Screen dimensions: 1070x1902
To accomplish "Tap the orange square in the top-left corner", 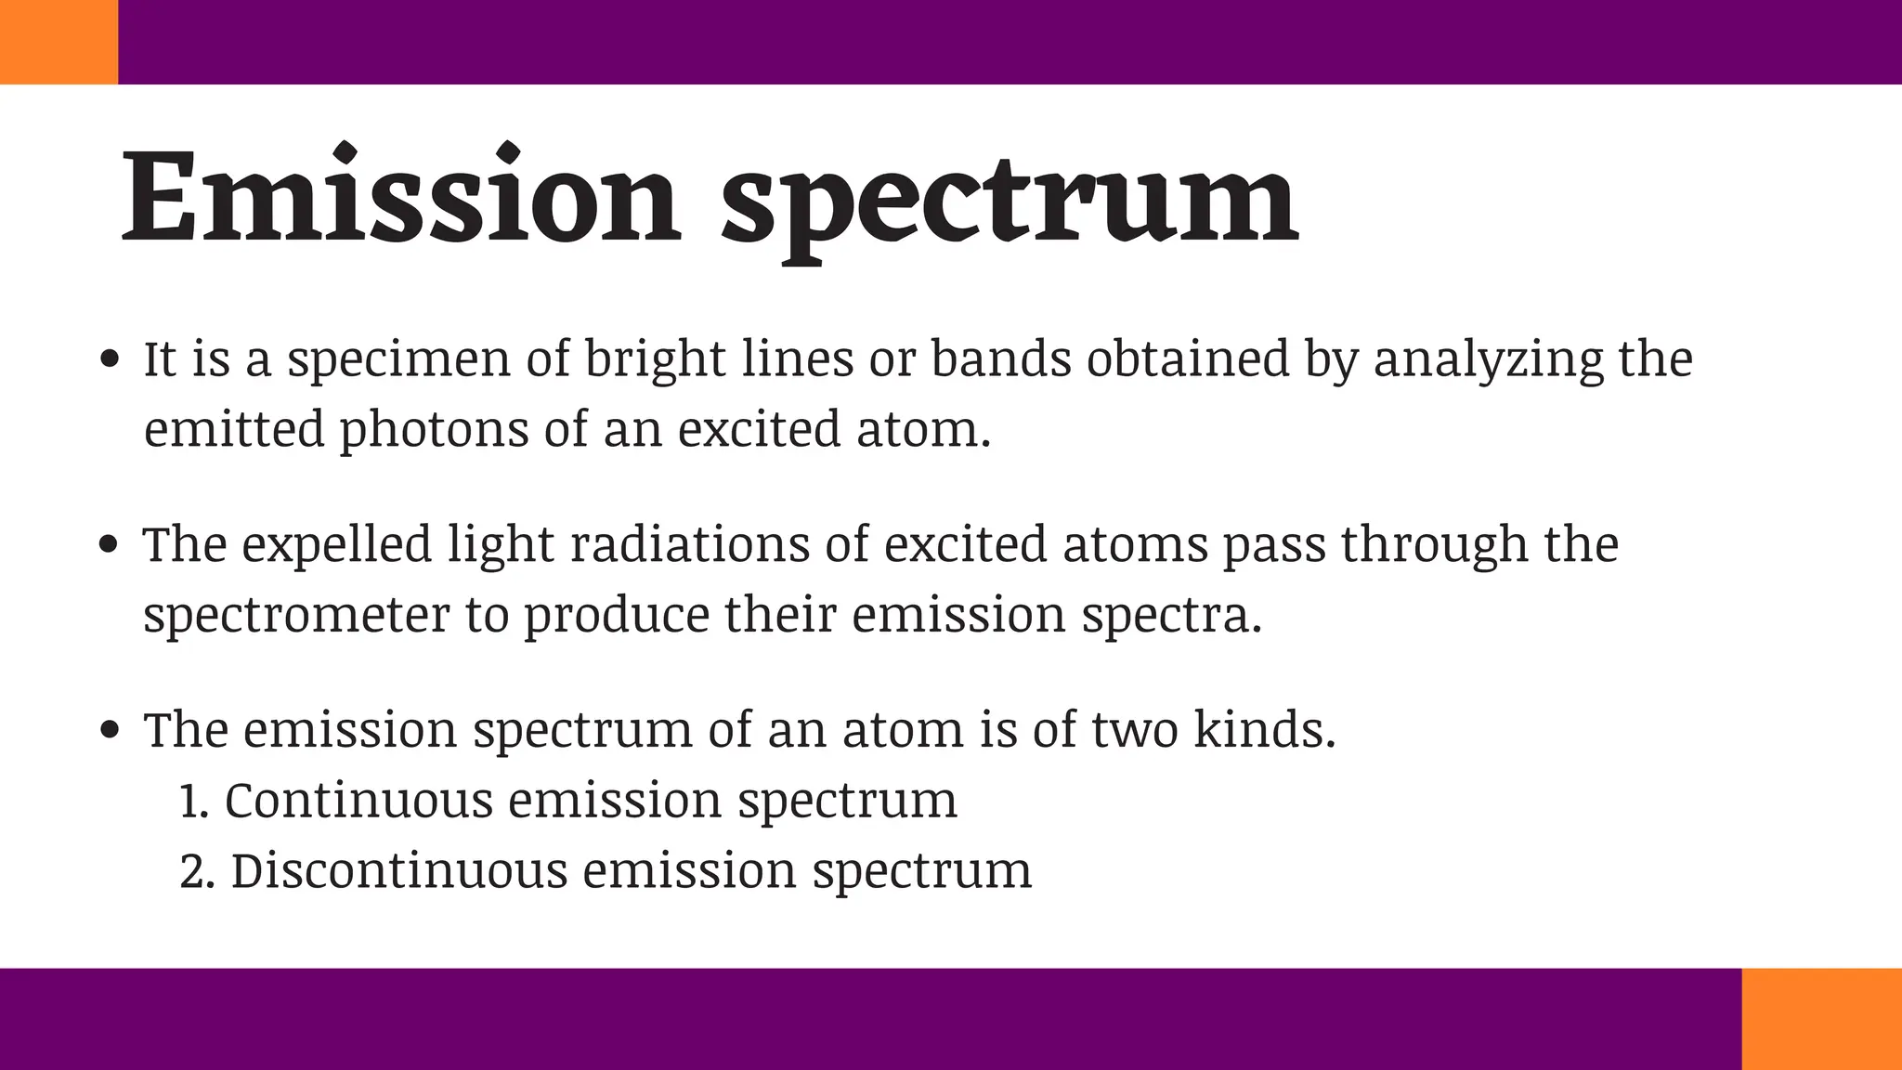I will tap(59, 42).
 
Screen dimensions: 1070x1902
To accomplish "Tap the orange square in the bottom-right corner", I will tap(1821, 1018).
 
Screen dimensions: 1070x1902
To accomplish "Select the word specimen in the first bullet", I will tap(398, 360).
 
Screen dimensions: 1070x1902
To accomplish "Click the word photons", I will tap(434, 431).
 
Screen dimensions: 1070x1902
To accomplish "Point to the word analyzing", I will tap(1488, 360).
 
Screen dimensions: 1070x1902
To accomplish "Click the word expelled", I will tap(337, 546).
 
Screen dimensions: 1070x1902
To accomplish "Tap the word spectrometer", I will tap(296, 616).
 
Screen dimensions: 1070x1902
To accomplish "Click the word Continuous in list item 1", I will tap(358, 801).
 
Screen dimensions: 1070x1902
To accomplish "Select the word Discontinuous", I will tap(398, 871).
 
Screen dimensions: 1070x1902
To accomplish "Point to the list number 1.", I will tap(191, 802).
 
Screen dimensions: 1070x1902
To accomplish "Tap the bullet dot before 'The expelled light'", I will tap(110, 544).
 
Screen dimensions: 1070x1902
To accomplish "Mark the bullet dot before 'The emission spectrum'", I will tap(110, 730).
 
